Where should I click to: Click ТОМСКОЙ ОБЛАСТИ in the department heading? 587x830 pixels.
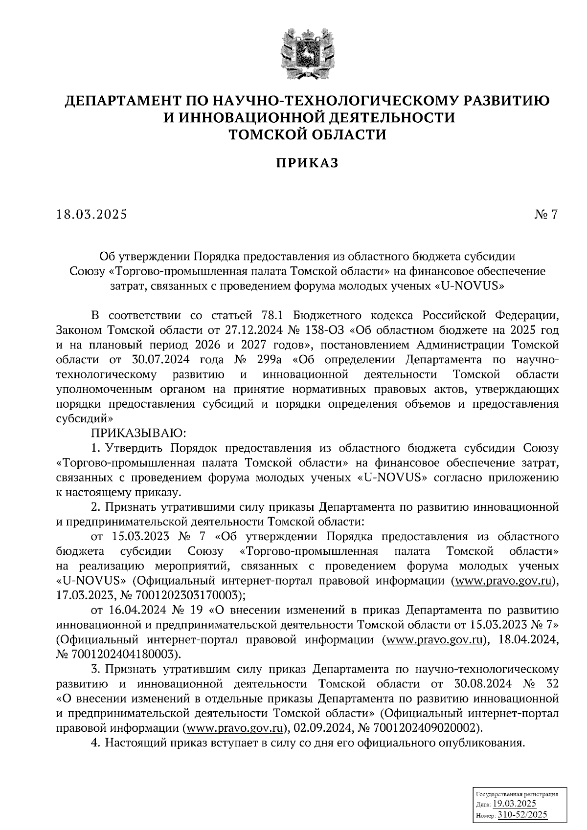click(x=309, y=134)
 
